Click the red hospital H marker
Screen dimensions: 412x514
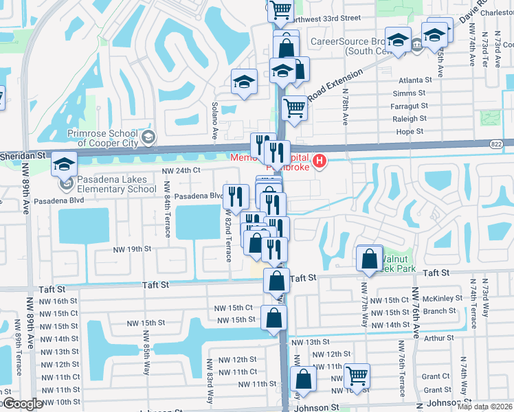[x=320, y=162]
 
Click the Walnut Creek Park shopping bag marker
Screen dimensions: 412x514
[x=370, y=259]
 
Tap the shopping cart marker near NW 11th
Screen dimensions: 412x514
[x=357, y=376]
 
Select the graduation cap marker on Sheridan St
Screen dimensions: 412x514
[x=64, y=165]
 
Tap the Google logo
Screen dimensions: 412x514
[x=22, y=404]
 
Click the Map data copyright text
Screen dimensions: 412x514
[x=485, y=407]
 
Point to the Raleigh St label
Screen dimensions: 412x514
[x=410, y=119]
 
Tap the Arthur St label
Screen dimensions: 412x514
[x=434, y=337]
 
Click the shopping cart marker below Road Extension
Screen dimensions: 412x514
[x=294, y=108]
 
